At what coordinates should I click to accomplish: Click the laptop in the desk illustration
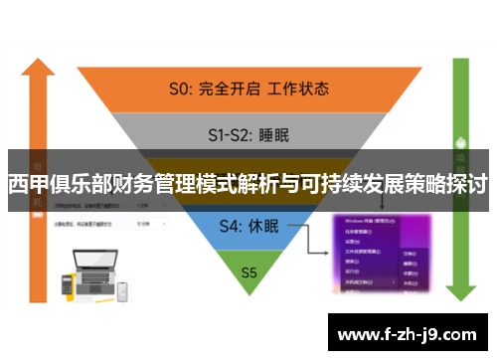[90, 268]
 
